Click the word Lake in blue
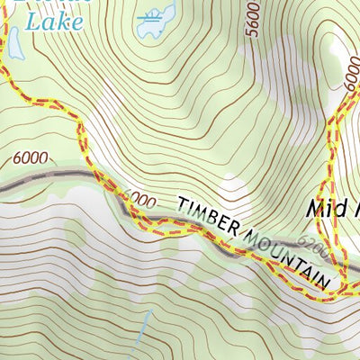[49, 21]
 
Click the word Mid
[325, 209]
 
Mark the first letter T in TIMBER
[180, 205]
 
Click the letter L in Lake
[32, 21]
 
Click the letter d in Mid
[351, 209]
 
